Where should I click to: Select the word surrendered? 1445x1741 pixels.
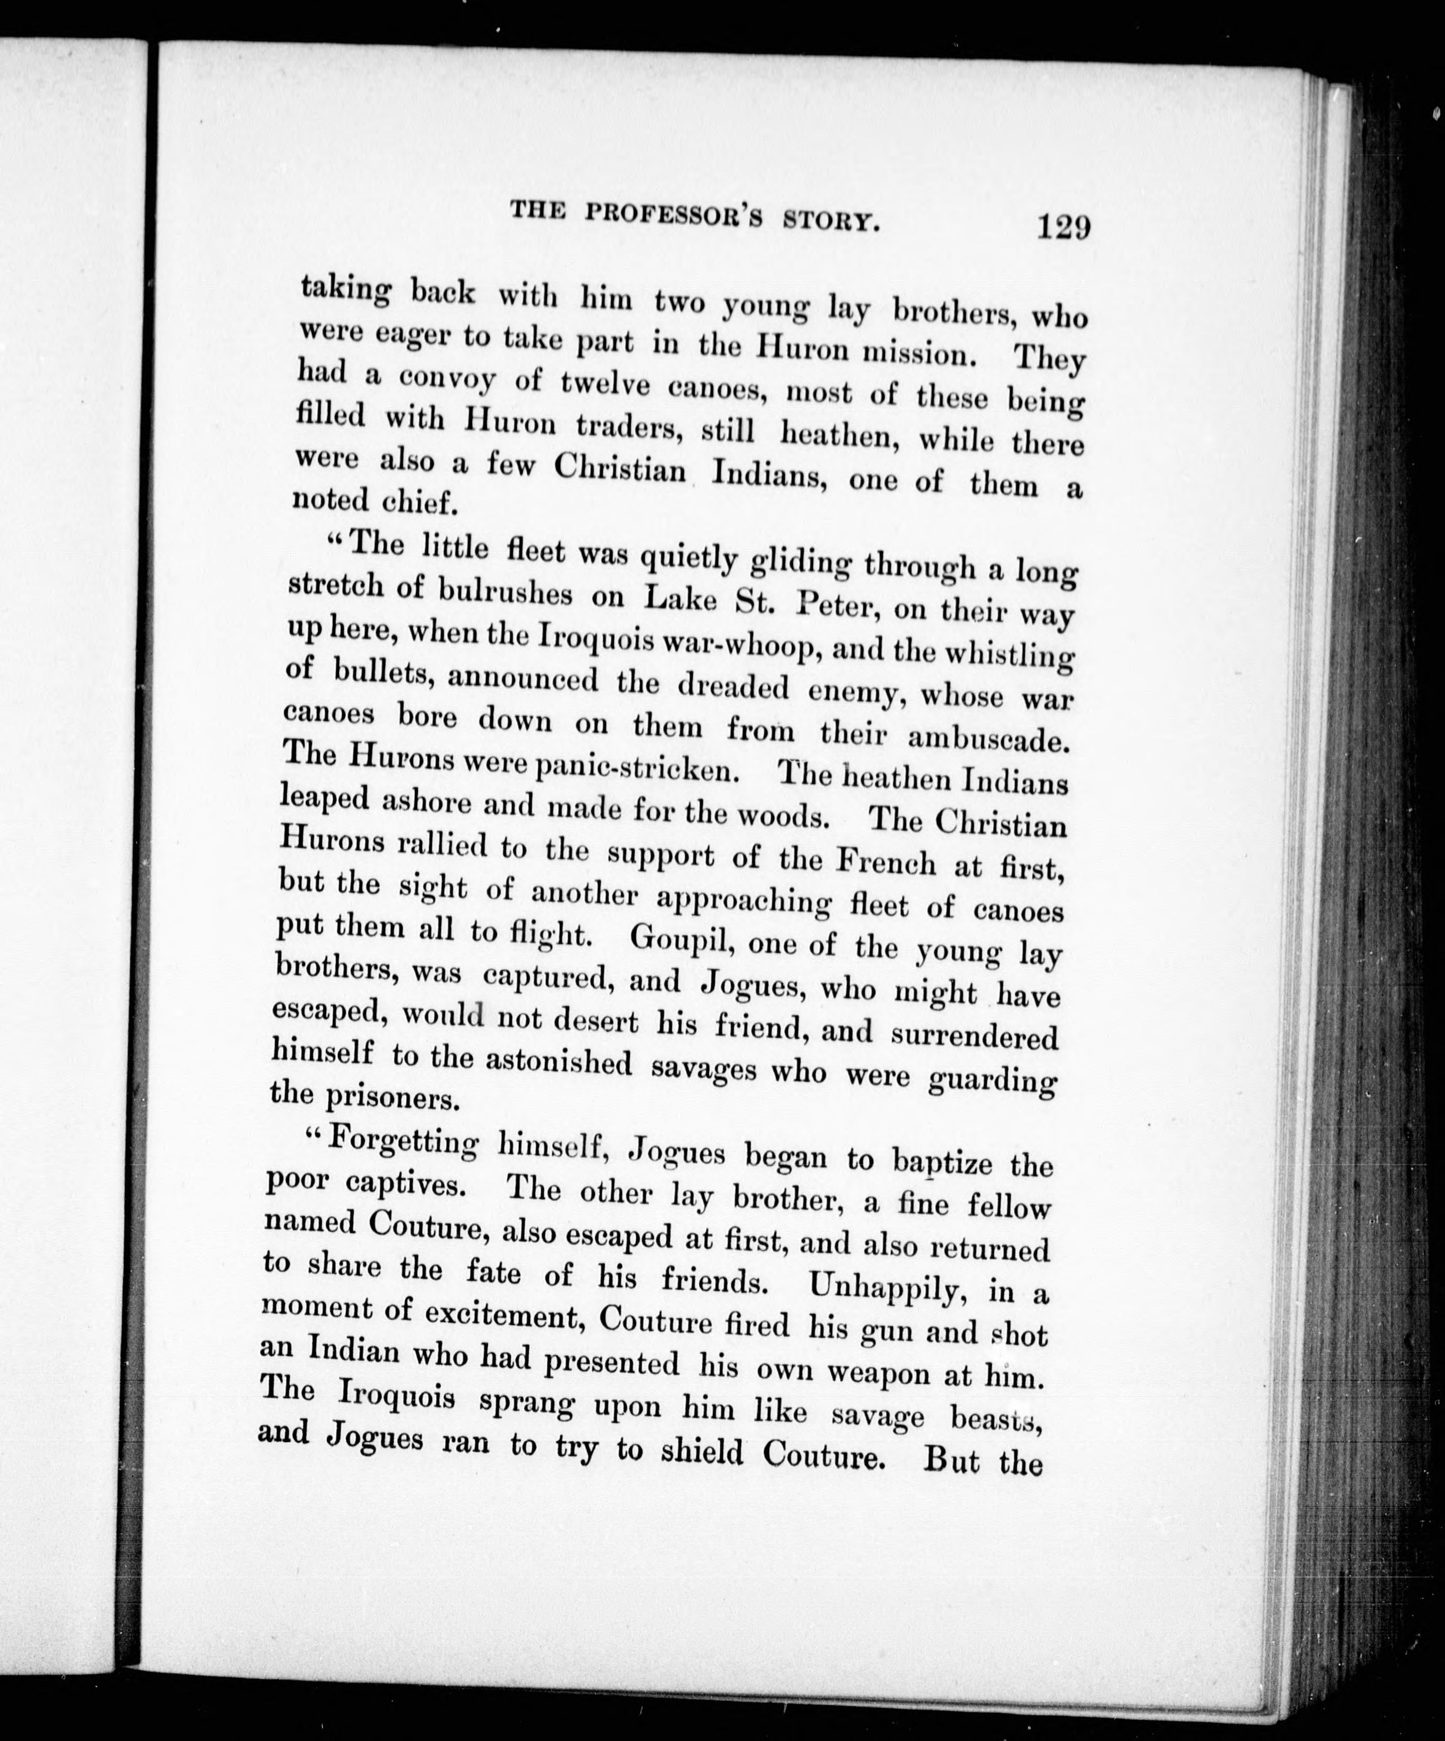coord(974,1037)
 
